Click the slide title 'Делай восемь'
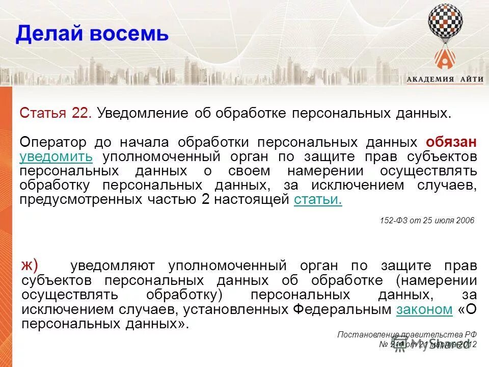pyautogui.click(x=92, y=34)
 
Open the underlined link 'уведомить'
pyautogui.click(x=56, y=156)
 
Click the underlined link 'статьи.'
pyautogui.click(x=318, y=199)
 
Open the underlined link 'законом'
pyautogui.click(x=424, y=309)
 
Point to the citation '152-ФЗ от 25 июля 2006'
pyautogui.click(x=427, y=220)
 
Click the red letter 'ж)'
pyautogui.click(x=30, y=265)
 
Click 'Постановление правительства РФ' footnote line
pyautogui.click(x=407, y=334)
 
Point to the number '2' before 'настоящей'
pyautogui.click(x=206, y=199)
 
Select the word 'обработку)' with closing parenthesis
pyautogui.click(x=178, y=295)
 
